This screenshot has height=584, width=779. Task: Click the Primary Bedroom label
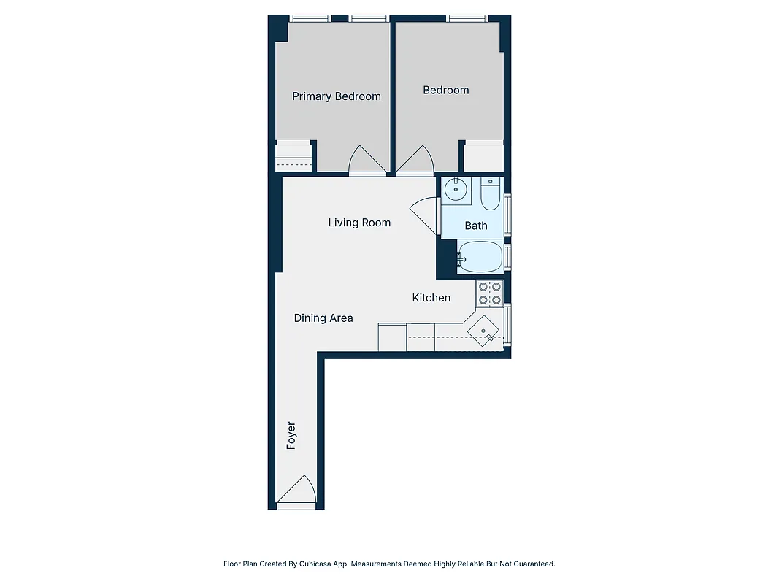pyautogui.click(x=337, y=96)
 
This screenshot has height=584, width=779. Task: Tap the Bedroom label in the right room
pyautogui.click(x=445, y=91)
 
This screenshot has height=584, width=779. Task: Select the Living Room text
pyautogui.click(x=359, y=223)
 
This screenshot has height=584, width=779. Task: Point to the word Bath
pyautogui.click(x=476, y=226)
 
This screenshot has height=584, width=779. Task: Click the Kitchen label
pyautogui.click(x=431, y=298)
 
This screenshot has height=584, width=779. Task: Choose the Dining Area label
pyautogui.click(x=323, y=318)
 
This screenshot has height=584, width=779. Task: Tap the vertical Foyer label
pyautogui.click(x=291, y=435)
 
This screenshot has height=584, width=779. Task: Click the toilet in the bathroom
pyautogui.click(x=490, y=194)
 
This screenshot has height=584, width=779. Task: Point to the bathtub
pyautogui.click(x=480, y=257)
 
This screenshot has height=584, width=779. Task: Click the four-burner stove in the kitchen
pyautogui.click(x=489, y=293)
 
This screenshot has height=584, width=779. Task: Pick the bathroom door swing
pyautogui.click(x=424, y=215)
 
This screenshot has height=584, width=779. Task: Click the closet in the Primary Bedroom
pyautogui.click(x=293, y=157)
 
